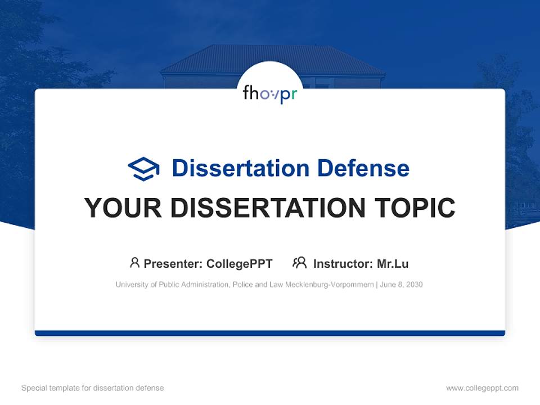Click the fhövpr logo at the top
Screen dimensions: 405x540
tap(270, 93)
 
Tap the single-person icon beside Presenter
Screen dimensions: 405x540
tap(134, 263)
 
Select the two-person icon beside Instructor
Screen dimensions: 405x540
tap(299, 263)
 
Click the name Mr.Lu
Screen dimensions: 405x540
tap(393, 263)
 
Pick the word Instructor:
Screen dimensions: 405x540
tap(343, 263)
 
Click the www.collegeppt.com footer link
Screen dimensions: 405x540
tap(482, 388)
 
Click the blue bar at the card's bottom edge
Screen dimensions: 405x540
tap(270, 333)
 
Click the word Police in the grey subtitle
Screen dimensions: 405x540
tap(241, 285)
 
